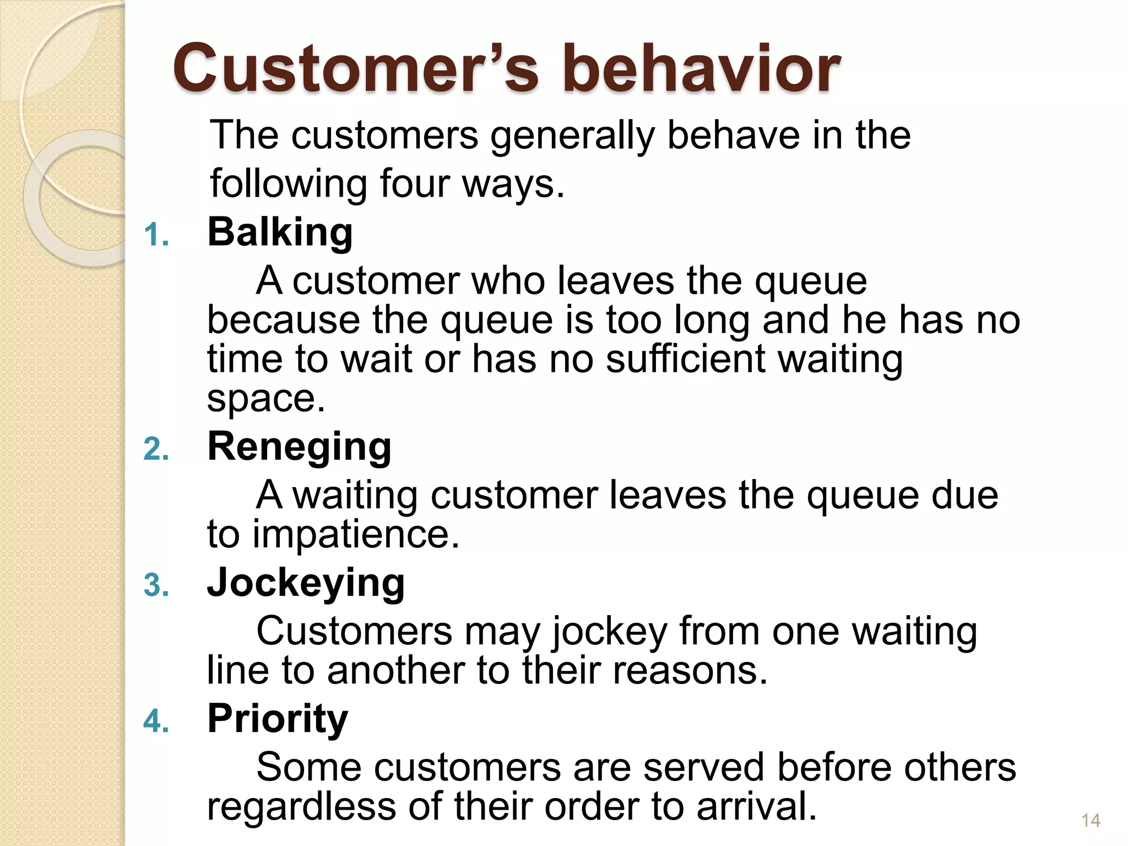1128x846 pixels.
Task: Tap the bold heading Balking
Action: point(280,232)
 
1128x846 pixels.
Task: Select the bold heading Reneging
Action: point(299,447)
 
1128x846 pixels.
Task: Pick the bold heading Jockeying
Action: point(306,583)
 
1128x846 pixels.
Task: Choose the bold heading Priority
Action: point(278,719)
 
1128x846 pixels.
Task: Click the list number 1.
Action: point(155,235)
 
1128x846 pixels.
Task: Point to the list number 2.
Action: point(156,449)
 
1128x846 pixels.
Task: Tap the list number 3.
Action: point(156,585)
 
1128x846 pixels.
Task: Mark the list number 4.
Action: point(156,722)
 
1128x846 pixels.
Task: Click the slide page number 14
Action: point(1091,821)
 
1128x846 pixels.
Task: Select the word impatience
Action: point(355,534)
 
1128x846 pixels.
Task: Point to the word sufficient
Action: point(685,359)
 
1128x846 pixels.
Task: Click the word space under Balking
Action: point(266,398)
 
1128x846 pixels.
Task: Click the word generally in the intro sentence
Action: point(572,135)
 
